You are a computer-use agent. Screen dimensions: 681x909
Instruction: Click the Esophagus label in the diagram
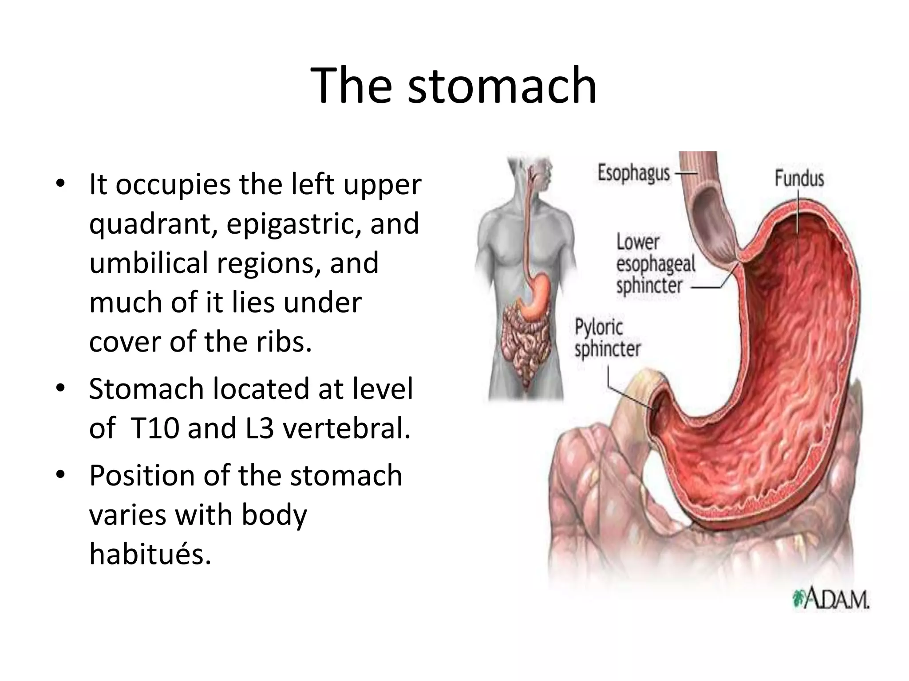[633, 173]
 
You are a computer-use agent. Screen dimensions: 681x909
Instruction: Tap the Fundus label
[799, 179]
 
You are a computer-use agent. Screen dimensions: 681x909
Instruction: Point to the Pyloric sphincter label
[607, 338]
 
